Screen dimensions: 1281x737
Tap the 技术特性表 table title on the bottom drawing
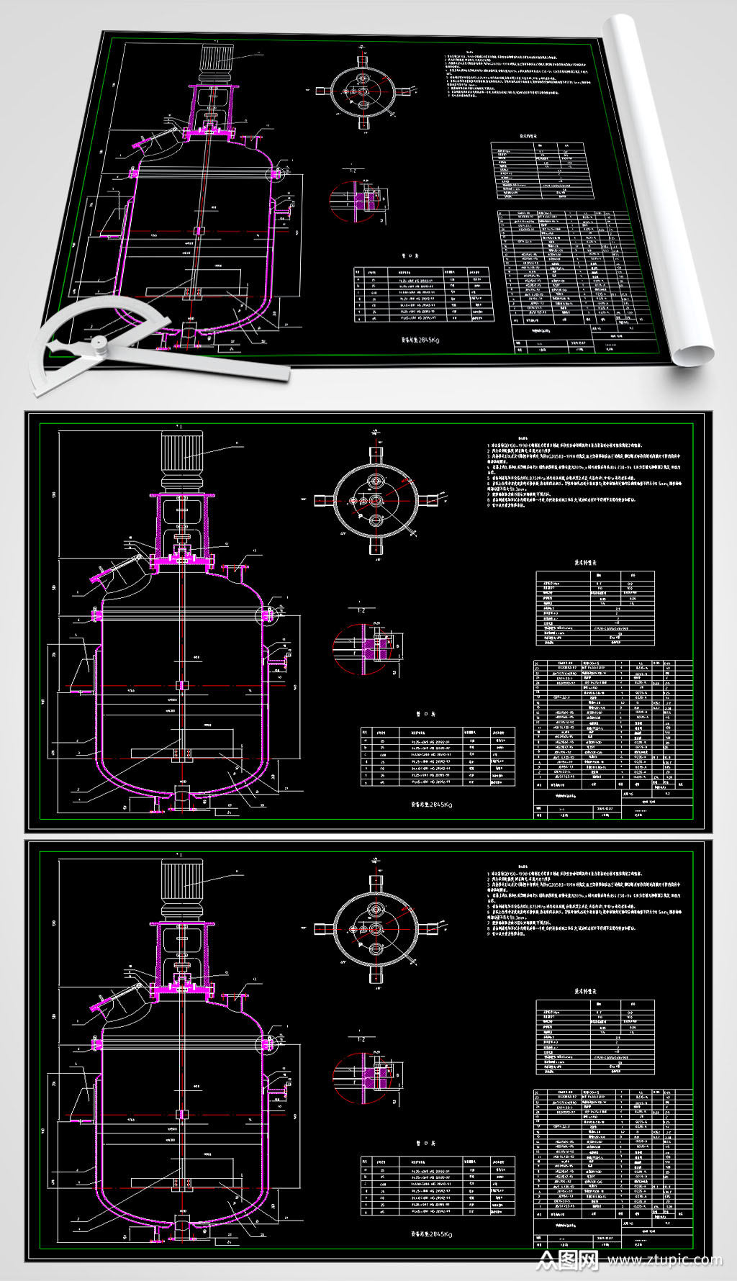tap(585, 991)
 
